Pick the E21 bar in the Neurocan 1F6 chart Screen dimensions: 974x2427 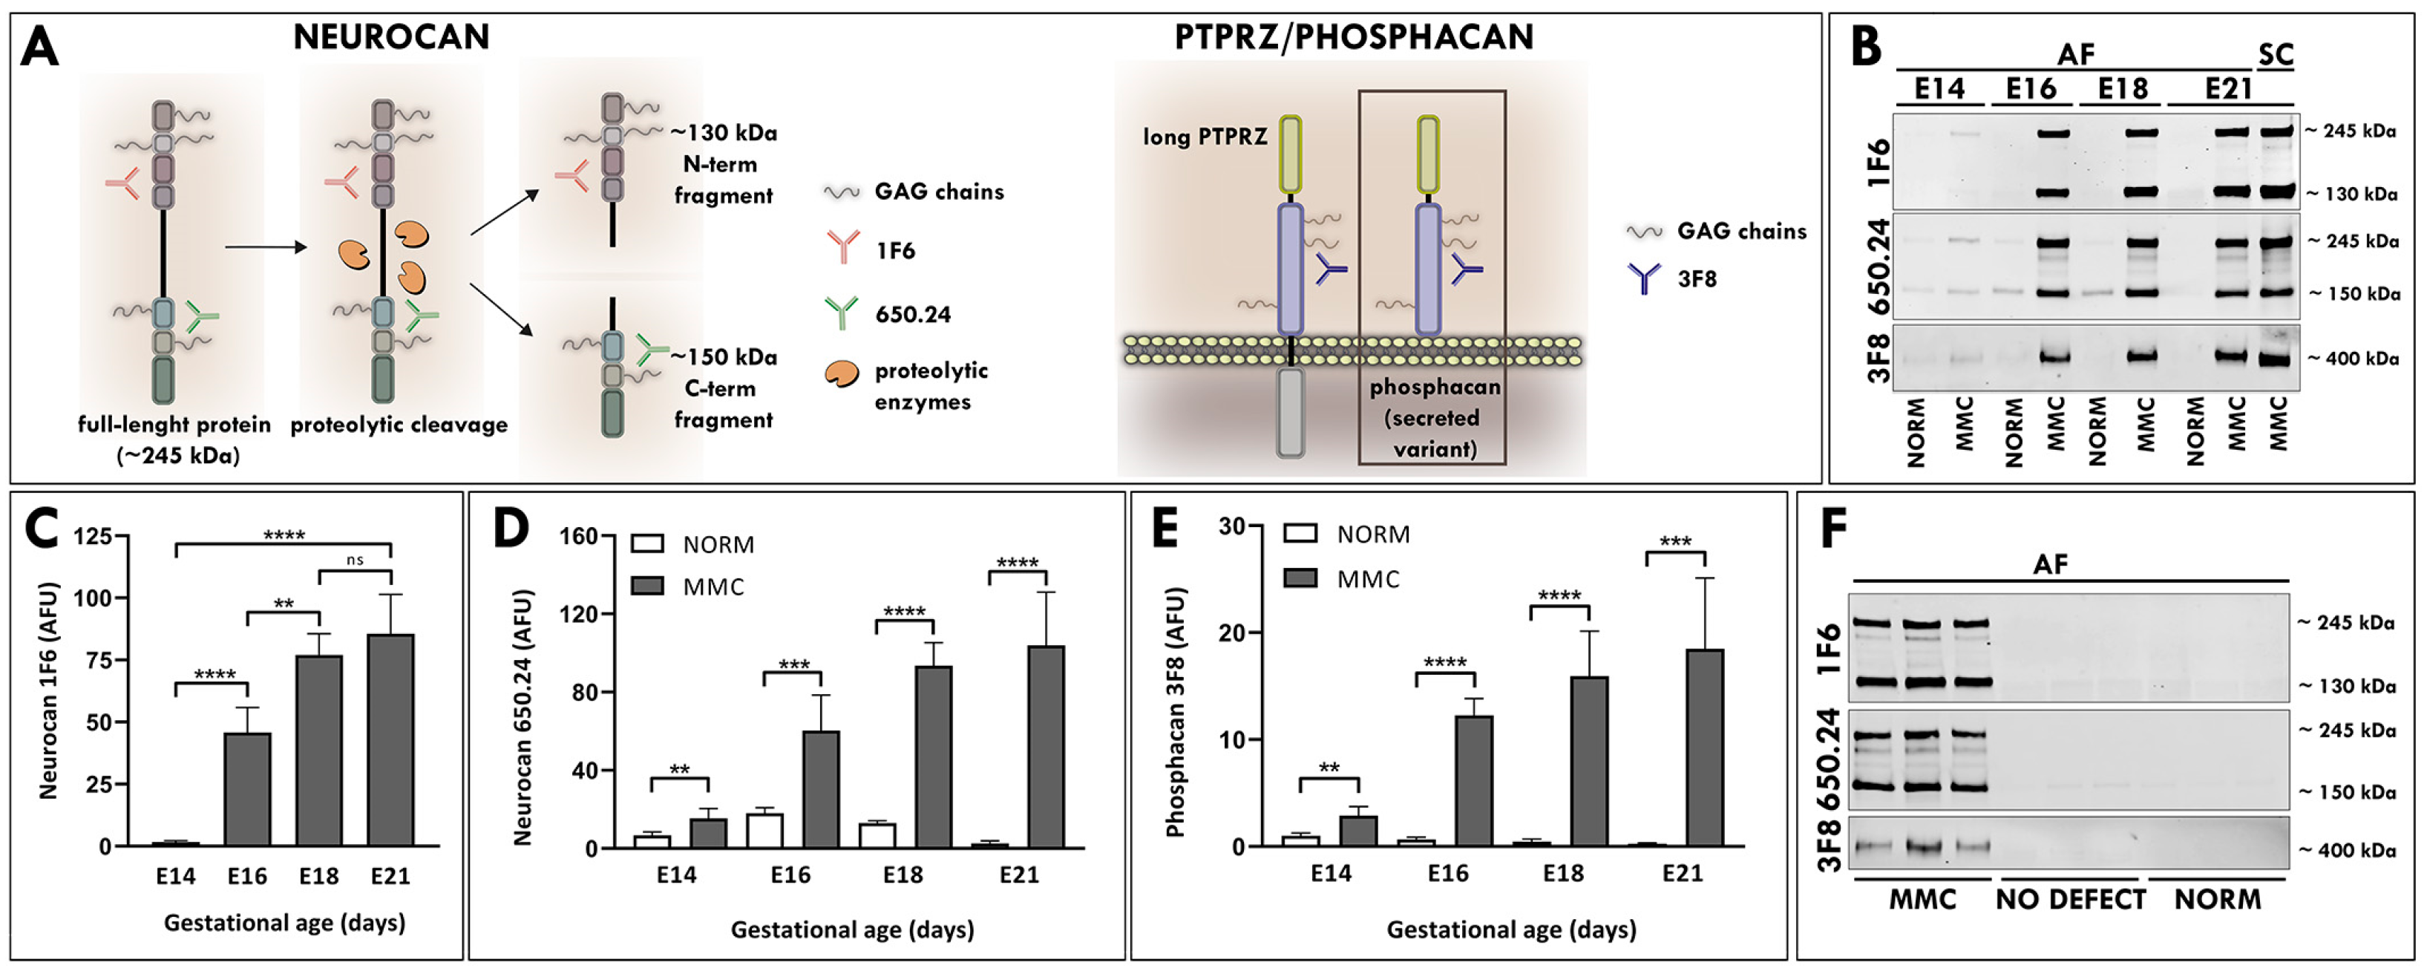pos(390,739)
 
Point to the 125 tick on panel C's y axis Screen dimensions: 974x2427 pos(92,536)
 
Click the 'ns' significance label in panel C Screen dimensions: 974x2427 pos(354,560)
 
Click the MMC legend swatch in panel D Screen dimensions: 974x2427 pos(647,586)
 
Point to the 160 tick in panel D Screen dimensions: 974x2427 pos(578,536)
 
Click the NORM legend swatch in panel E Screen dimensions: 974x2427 pos(1300,534)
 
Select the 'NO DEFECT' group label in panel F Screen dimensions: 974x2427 pos(2070,900)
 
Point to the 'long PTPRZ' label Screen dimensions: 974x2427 pos(1205,137)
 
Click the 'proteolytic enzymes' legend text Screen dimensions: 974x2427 pos(931,386)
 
